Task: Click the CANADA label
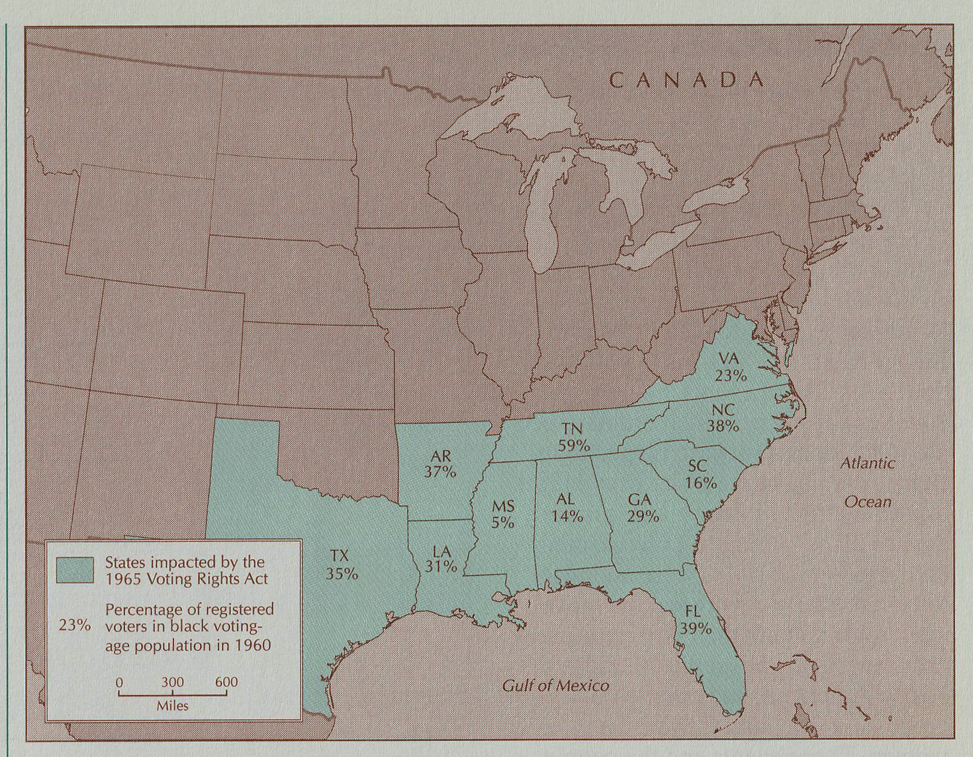(x=686, y=80)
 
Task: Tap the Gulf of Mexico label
(x=555, y=685)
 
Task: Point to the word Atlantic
(x=867, y=464)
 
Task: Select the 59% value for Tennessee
(x=573, y=446)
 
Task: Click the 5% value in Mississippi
(x=502, y=523)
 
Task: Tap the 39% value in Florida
(x=695, y=629)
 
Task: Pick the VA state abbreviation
(x=728, y=359)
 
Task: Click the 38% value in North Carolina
(x=723, y=427)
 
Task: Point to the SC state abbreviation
(x=697, y=466)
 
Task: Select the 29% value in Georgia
(x=643, y=517)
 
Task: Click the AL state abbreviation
(x=565, y=499)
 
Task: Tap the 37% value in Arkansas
(x=440, y=472)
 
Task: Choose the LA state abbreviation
(x=441, y=551)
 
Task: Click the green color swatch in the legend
(x=75, y=570)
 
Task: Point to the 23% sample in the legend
(x=74, y=625)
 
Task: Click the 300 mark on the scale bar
(x=172, y=683)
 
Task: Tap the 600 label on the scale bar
(x=226, y=682)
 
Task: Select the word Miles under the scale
(x=172, y=706)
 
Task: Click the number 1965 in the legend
(x=126, y=579)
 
